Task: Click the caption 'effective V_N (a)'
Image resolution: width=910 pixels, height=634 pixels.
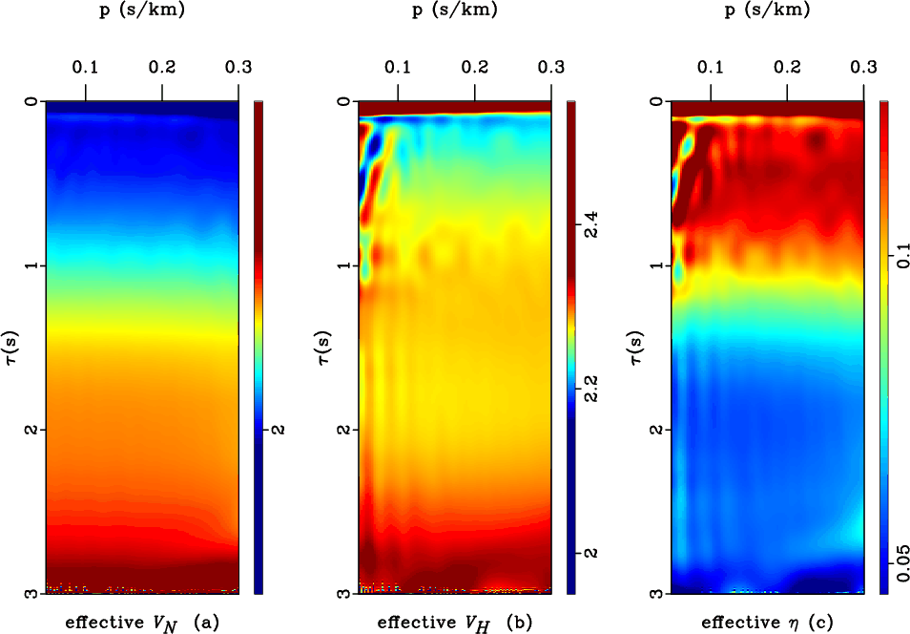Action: [x=142, y=623]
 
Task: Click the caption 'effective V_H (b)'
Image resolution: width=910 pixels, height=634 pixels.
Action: [x=454, y=623]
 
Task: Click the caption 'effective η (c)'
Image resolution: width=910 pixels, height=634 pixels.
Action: [x=767, y=623]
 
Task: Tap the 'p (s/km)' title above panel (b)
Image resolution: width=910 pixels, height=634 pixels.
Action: [x=455, y=11]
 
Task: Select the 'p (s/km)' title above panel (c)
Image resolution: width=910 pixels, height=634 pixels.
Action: [x=768, y=11]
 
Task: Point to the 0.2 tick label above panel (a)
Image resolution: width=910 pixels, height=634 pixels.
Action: [x=162, y=67]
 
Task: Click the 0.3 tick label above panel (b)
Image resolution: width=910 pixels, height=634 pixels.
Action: [x=550, y=67]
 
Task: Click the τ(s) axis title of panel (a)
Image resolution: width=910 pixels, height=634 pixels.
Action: [x=12, y=347]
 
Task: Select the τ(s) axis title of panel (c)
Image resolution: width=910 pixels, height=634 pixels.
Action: [x=637, y=347]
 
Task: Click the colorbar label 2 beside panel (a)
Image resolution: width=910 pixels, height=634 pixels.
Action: [x=279, y=431]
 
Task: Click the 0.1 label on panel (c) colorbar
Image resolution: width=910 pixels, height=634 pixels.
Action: [x=903, y=258]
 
